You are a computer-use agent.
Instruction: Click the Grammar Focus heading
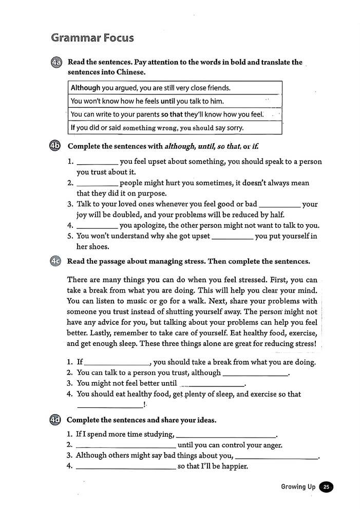pyautogui.click(x=92, y=38)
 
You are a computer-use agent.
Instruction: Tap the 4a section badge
pyautogui.click(x=56, y=63)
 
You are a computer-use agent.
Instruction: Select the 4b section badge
pyautogui.click(x=56, y=146)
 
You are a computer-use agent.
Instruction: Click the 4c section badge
pyautogui.click(x=56, y=261)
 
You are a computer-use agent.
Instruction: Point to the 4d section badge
pyautogui.click(x=56, y=420)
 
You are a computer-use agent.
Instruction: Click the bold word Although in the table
pyautogui.click(x=85, y=88)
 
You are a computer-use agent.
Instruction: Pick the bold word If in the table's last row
pyautogui.click(x=73, y=128)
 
